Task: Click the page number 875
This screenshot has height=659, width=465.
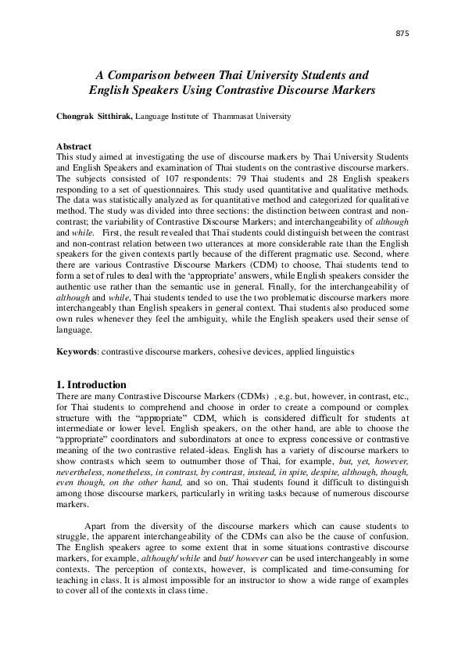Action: (x=403, y=34)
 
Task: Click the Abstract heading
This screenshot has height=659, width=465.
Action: (x=74, y=146)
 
